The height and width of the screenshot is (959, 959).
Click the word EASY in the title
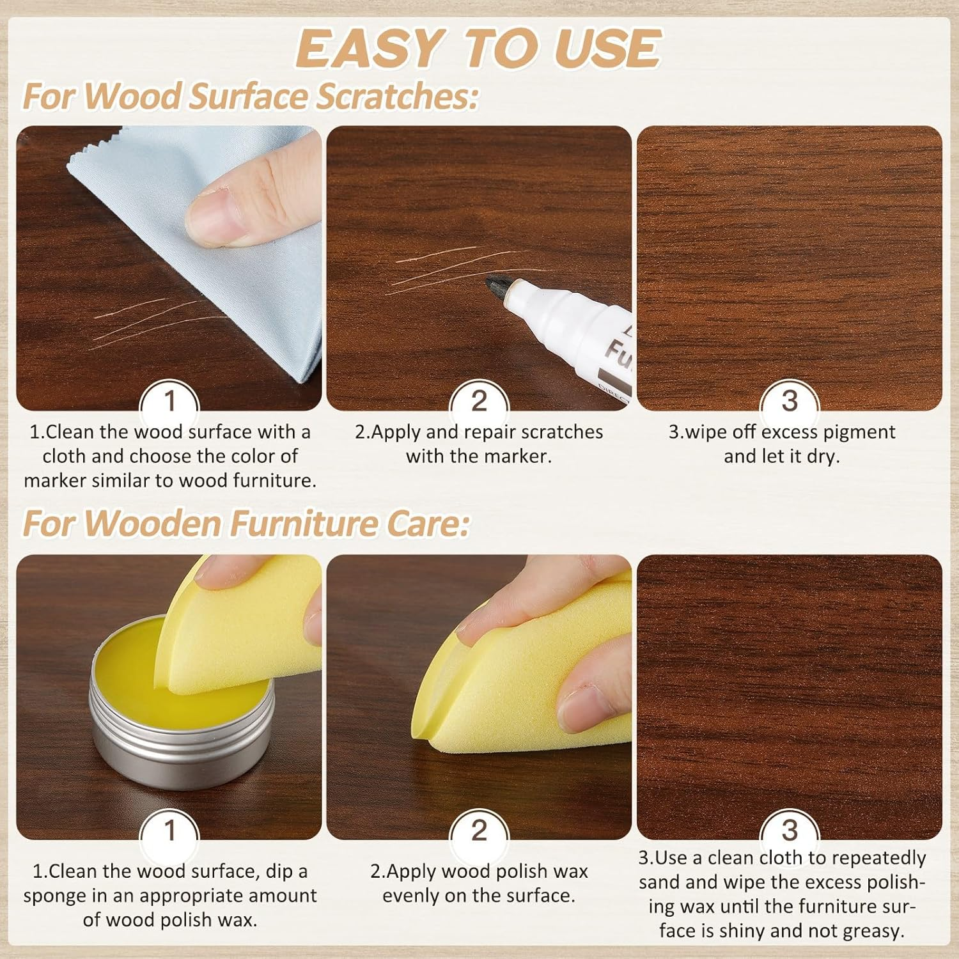pyautogui.click(x=369, y=49)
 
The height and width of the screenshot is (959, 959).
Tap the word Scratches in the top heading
pyautogui.click(x=397, y=96)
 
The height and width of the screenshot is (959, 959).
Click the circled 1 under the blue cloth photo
pyautogui.click(x=169, y=402)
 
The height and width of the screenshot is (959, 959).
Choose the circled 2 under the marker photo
pyautogui.click(x=479, y=402)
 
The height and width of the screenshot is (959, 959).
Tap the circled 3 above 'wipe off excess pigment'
pyautogui.click(x=790, y=402)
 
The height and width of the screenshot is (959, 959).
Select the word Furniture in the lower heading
pyautogui.click(x=304, y=524)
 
